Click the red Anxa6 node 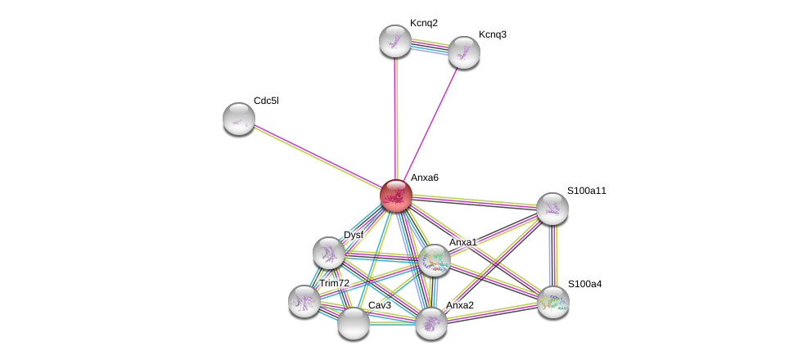(395, 196)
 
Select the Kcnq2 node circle (395, 41)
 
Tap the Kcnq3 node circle (463, 52)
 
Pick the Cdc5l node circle (239, 119)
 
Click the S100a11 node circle (552, 209)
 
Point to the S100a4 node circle (552, 301)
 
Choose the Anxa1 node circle (434, 260)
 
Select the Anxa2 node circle (431, 322)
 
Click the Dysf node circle (329, 253)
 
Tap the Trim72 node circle (304, 301)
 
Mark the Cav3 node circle (354, 322)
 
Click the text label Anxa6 (424, 178)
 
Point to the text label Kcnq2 (423, 23)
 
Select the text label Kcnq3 (492, 34)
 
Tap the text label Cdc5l (266, 101)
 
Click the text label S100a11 (587, 191)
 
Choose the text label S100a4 (584, 284)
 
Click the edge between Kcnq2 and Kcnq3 (430, 47)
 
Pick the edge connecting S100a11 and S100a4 (553, 255)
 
